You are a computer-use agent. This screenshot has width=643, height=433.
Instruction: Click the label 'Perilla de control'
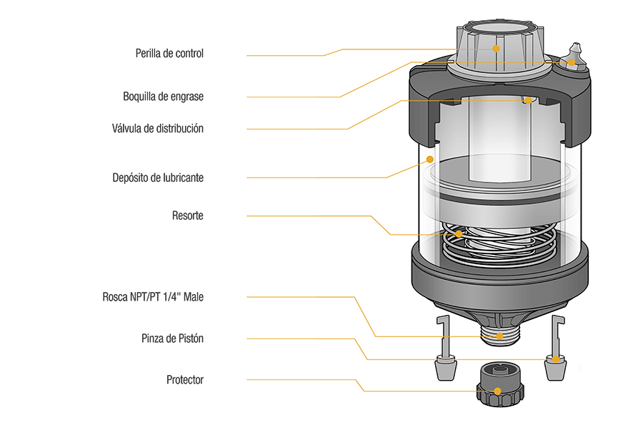[x=169, y=54]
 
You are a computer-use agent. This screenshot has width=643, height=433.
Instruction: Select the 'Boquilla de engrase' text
[x=164, y=96]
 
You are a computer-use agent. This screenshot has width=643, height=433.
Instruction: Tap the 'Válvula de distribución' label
[x=157, y=129]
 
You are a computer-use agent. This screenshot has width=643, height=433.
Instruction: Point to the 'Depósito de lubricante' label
[x=158, y=177]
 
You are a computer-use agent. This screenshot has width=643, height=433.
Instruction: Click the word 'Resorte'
[x=187, y=215]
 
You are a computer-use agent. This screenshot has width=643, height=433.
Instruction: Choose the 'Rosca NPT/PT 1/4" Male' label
[x=153, y=296]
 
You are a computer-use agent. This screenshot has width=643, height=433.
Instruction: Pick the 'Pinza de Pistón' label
[x=172, y=339]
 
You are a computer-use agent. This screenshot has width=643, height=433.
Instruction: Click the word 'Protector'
[x=185, y=380]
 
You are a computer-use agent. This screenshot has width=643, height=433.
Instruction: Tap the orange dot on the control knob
[x=496, y=49]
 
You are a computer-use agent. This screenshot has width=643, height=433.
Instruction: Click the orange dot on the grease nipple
[x=572, y=63]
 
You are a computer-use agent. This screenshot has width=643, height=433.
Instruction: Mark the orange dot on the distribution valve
[x=529, y=101]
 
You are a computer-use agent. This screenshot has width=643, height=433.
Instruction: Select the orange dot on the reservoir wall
[x=429, y=159]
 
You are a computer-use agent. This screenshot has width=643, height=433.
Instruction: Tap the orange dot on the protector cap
[x=495, y=391]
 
